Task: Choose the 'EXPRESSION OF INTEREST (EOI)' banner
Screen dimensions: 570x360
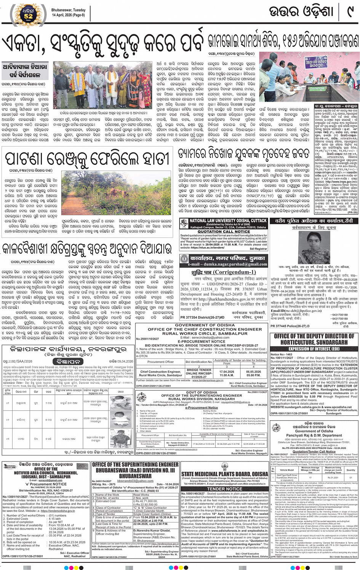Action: coord(314,348)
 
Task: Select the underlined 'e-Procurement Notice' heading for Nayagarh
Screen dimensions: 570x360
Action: coord(202,407)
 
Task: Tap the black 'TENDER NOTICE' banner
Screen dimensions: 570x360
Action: coord(224,489)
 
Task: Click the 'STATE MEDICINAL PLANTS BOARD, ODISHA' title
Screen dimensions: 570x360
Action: coord(224,474)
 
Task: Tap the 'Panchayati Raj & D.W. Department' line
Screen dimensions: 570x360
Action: coord(314,435)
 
